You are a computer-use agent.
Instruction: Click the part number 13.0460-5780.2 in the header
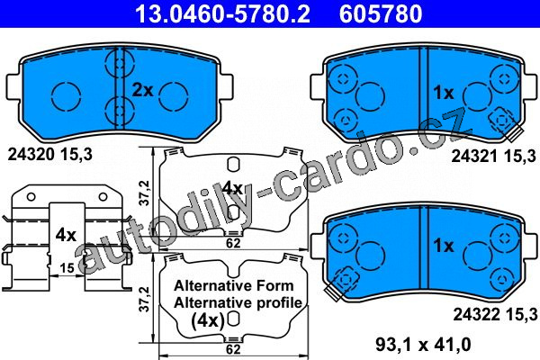click(x=222, y=13)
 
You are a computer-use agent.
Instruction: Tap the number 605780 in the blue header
click(x=381, y=13)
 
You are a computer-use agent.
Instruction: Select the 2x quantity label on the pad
click(x=142, y=90)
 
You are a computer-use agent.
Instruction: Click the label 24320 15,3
click(x=50, y=155)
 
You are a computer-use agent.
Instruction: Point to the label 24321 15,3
click(x=494, y=157)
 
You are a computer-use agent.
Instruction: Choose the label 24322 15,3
click(x=495, y=314)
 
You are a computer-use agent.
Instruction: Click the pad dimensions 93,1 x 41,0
click(x=423, y=344)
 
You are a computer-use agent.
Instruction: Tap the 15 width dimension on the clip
click(x=67, y=267)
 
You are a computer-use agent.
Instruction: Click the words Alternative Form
click(x=234, y=285)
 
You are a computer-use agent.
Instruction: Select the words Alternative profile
click(x=238, y=302)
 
